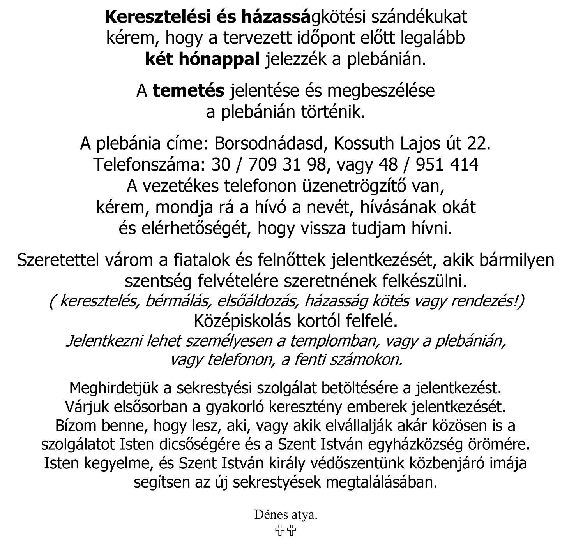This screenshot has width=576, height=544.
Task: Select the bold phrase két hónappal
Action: coord(202,59)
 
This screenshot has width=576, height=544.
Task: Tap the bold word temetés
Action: coord(189,91)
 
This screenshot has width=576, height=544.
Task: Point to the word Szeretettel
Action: coord(58,260)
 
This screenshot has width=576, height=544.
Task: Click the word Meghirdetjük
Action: coord(115,388)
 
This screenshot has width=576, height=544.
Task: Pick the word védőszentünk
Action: coord(359,463)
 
